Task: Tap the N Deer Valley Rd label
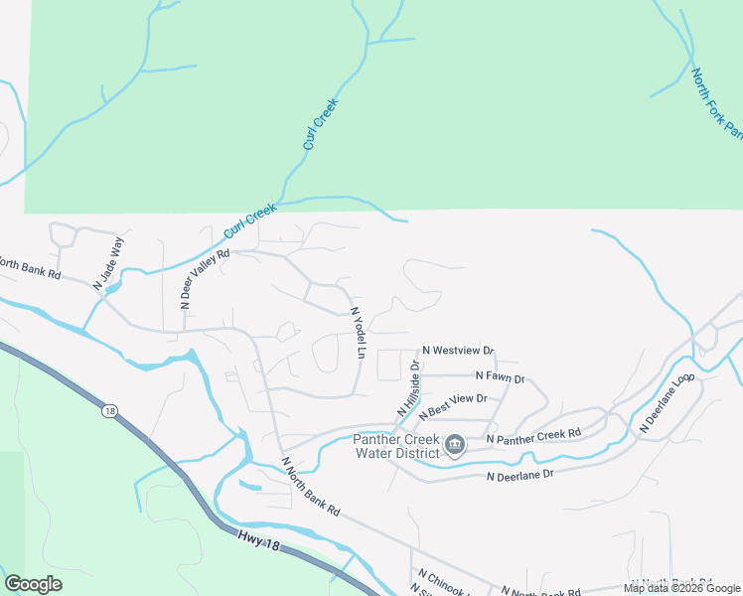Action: [206, 279]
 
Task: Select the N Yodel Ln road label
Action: [359, 333]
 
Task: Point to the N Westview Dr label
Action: [458, 351]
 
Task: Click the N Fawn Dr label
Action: [500, 376]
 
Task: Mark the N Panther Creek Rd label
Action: [532, 435]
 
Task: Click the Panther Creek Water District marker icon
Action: [455, 444]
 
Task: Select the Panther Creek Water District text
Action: [397, 447]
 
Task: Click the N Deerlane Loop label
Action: [668, 404]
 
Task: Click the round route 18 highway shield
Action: [109, 409]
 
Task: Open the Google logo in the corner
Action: [33, 583]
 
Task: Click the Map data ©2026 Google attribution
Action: [682, 588]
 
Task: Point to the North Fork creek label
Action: [715, 104]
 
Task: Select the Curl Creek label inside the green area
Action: [321, 124]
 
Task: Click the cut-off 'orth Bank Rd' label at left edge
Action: [30, 267]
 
